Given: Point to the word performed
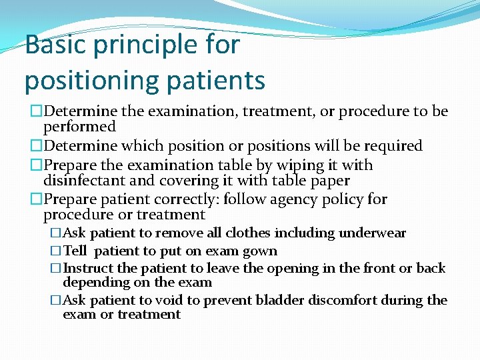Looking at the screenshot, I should (x=79, y=127).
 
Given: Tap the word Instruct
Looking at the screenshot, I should (x=88, y=269).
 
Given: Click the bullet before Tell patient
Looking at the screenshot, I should (x=56, y=251).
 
